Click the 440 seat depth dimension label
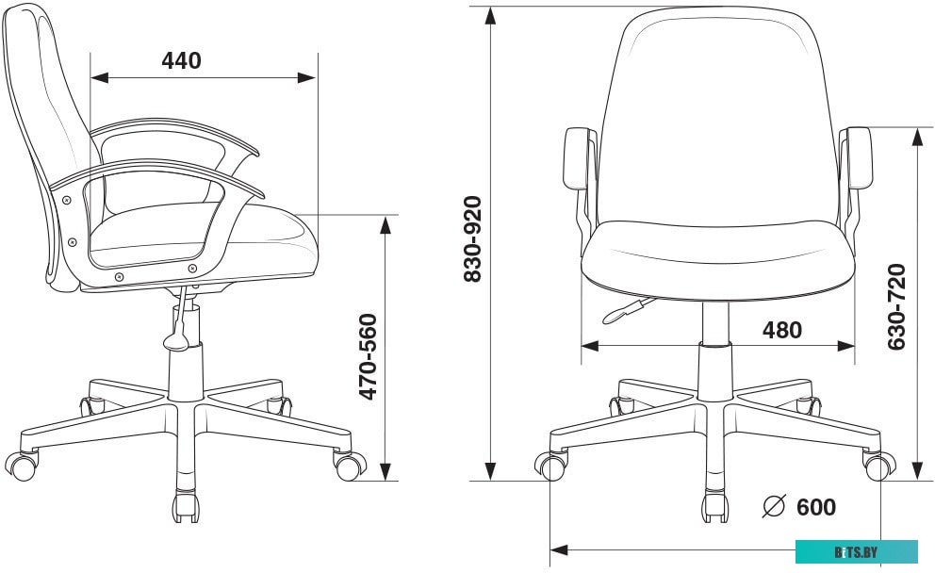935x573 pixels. (181, 60)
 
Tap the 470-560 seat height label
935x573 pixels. (368, 356)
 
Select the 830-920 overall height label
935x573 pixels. (473, 238)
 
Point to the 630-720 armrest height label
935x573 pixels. (896, 306)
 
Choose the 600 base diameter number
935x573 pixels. (815, 507)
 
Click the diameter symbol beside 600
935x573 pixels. (774, 506)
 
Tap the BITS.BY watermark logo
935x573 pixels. (856, 551)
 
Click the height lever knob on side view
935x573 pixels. (176, 341)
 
